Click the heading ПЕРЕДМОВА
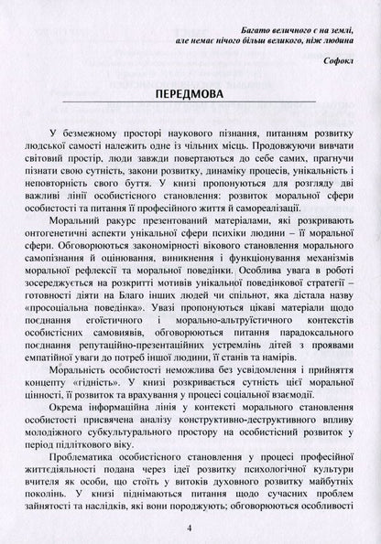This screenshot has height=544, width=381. [191, 98]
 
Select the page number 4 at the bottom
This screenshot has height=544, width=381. [191, 528]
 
